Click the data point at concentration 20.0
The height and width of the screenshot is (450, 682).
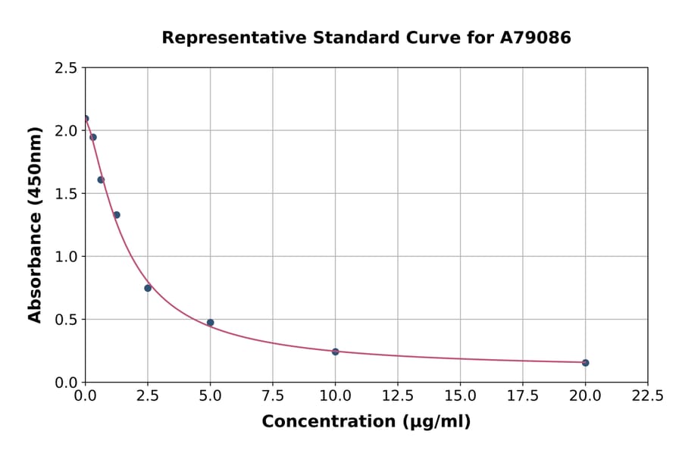585,363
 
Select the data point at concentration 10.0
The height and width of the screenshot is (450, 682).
335,352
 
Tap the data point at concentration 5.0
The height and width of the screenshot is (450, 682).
211,323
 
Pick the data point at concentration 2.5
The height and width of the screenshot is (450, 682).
148,288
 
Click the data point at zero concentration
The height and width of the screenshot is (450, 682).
86,118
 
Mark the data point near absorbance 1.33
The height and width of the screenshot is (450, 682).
117,215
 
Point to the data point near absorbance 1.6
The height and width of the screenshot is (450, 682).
101,180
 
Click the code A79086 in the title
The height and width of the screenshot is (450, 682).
535,37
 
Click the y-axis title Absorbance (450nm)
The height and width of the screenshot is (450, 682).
35,225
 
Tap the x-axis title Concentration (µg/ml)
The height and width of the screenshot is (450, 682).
366,422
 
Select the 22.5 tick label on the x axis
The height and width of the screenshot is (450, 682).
647,395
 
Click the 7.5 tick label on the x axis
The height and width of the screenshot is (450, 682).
273,395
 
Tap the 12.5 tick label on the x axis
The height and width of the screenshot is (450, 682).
397,395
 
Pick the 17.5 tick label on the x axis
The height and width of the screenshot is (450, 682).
522,395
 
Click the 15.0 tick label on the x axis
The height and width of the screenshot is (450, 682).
460,395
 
